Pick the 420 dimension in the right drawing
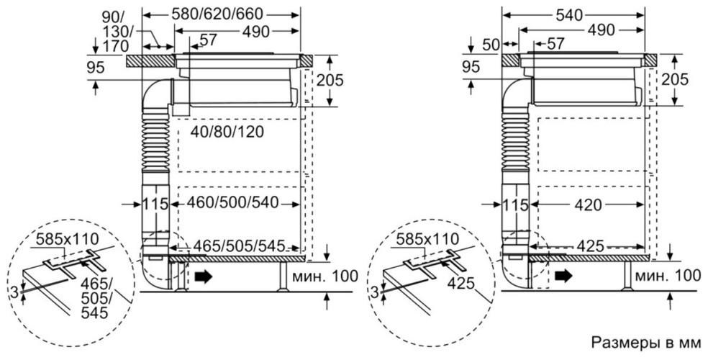coord(589,204)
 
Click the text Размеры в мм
coord(645,341)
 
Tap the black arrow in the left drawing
coord(204,274)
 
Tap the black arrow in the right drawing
coord(563,274)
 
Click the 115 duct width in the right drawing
coord(514,204)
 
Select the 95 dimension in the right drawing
coord(471,68)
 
